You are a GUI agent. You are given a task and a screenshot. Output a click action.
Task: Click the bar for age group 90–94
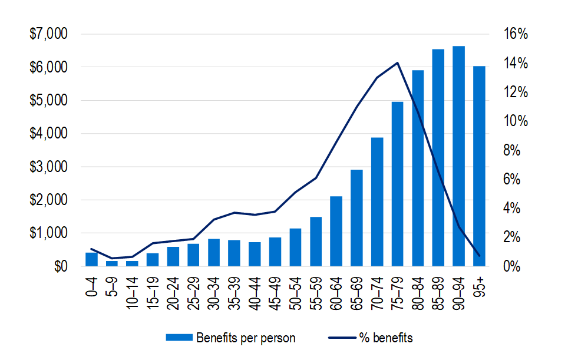point(459,156)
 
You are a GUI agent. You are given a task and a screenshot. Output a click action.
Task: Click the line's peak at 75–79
point(398,63)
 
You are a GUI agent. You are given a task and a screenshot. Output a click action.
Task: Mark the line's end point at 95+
point(479,256)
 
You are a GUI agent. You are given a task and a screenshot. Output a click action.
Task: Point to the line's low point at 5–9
point(112,258)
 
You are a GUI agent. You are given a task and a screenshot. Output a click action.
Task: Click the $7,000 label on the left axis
point(48,35)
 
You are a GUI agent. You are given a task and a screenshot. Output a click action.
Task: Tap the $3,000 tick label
point(48,167)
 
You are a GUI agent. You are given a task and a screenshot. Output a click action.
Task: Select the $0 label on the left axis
point(59,267)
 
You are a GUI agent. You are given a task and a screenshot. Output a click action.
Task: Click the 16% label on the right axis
point(516,35)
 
